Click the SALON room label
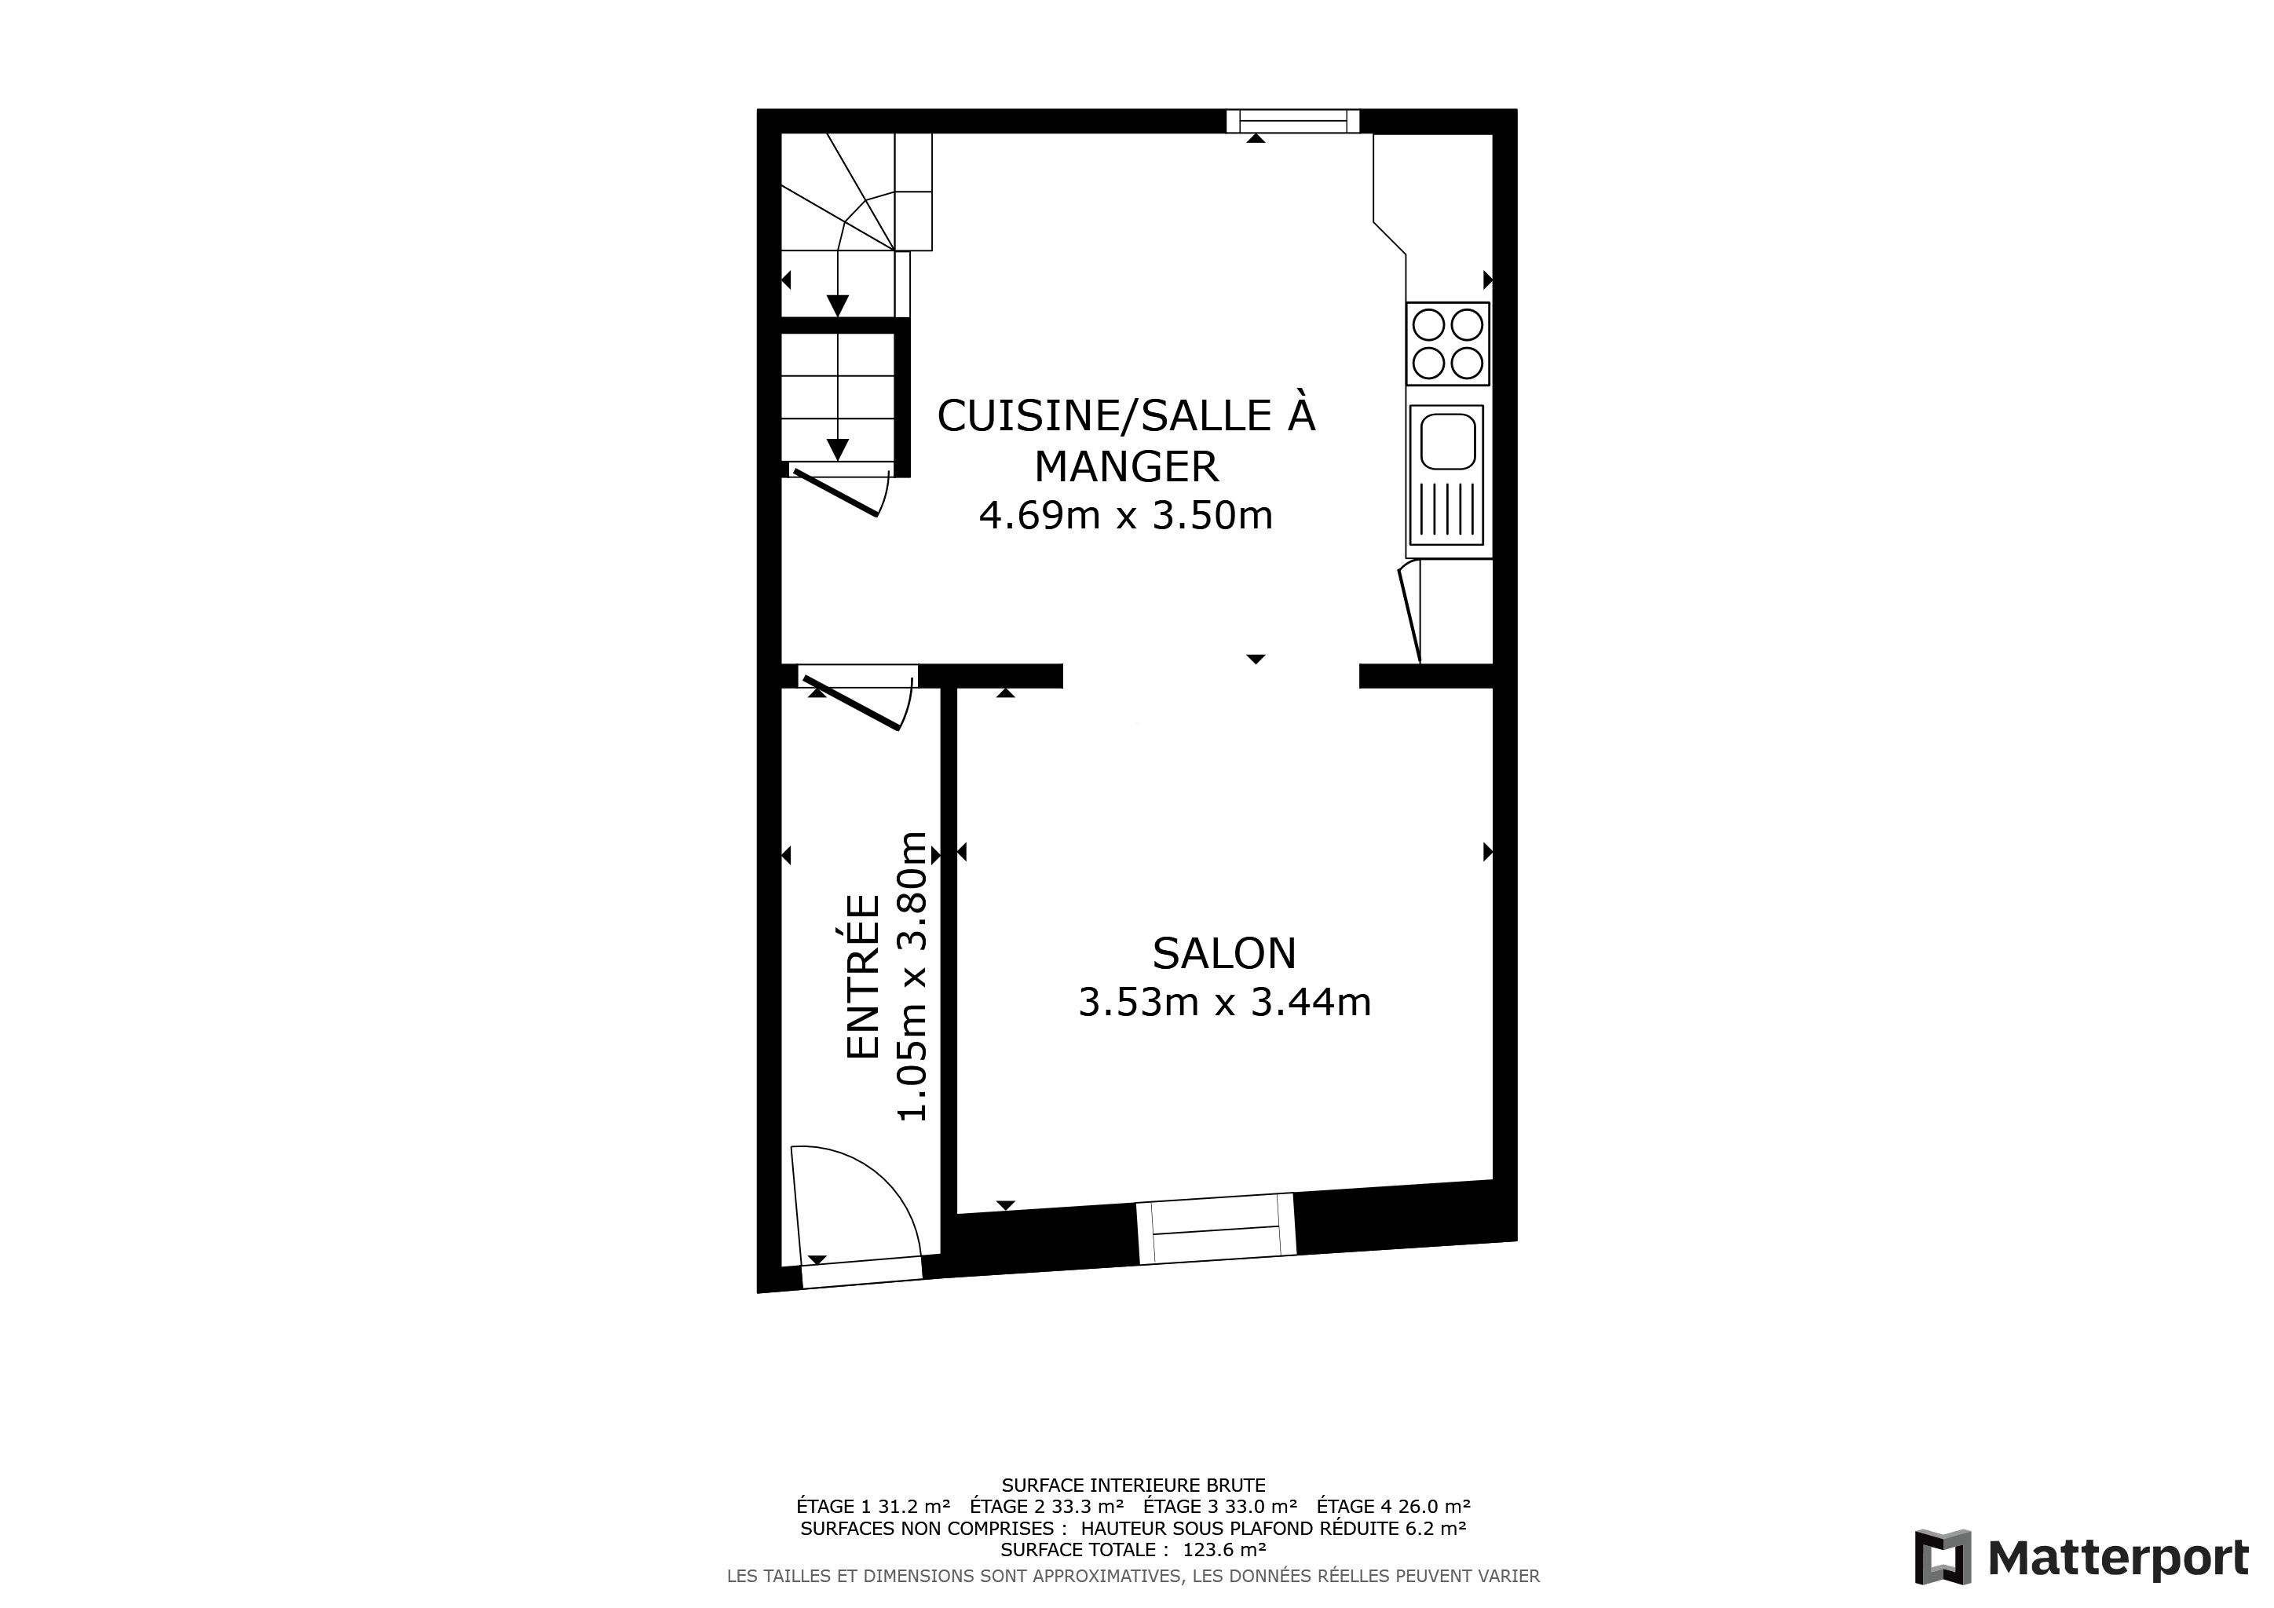[x=1224, y=953]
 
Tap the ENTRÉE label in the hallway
[x=864, y=978]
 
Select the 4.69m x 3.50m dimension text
[x=1126, y=516]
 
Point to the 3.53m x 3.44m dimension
[x=1224, y=1003]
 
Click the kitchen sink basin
[x=1448, y=441]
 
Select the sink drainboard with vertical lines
[x=1447, y=509]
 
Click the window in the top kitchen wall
[x=1292, y=121]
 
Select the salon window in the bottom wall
[x=1216, y=1229]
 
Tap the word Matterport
[x=2119, y=1559]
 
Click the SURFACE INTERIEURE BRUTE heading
[x=1133, y=1486]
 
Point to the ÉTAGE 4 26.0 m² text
[x=1394, y=1506]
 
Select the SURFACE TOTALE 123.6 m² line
[x=1133, y=1550]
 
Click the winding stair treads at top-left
[x=857, y=192]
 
